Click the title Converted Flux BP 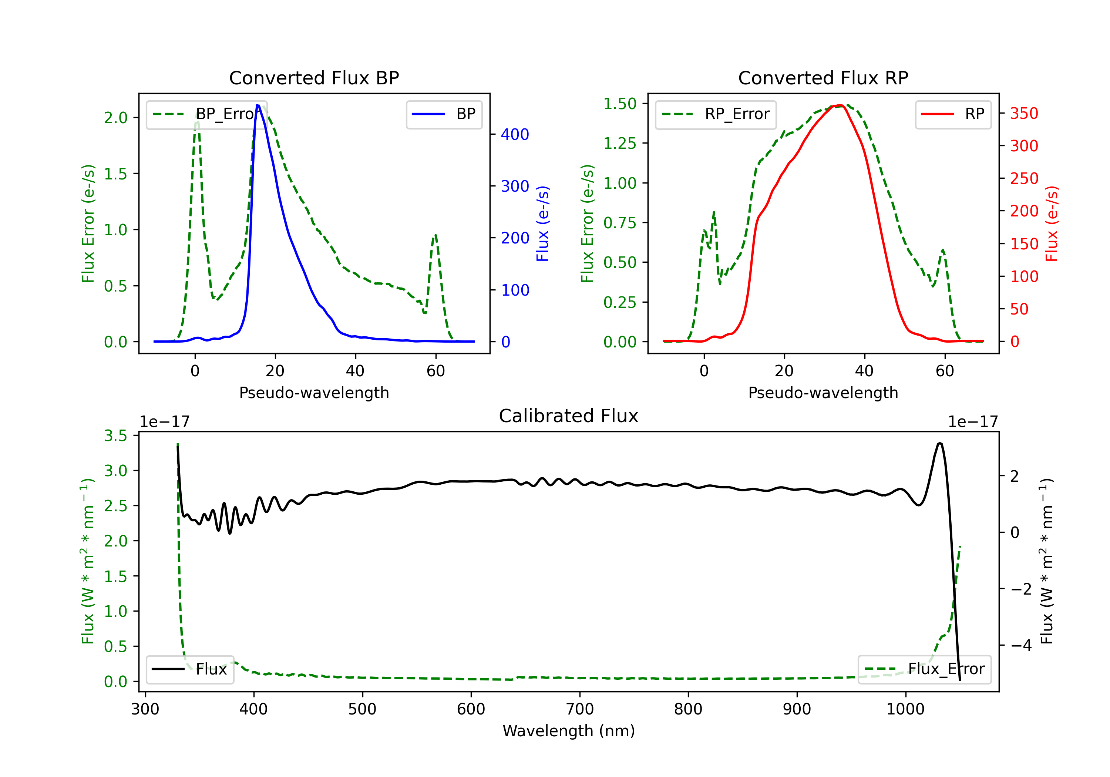[314, 78]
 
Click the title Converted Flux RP [823, 78]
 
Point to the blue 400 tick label [515, 134]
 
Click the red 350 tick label [1024, 114]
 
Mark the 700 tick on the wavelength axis [580, 709]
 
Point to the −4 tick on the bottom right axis [1020, 646]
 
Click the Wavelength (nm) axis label [569, 731]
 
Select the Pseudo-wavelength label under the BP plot [314, 393]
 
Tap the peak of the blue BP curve [258, 105]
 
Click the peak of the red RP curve [840, 105]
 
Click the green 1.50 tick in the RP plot [620, 104]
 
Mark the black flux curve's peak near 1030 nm [939, 443]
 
